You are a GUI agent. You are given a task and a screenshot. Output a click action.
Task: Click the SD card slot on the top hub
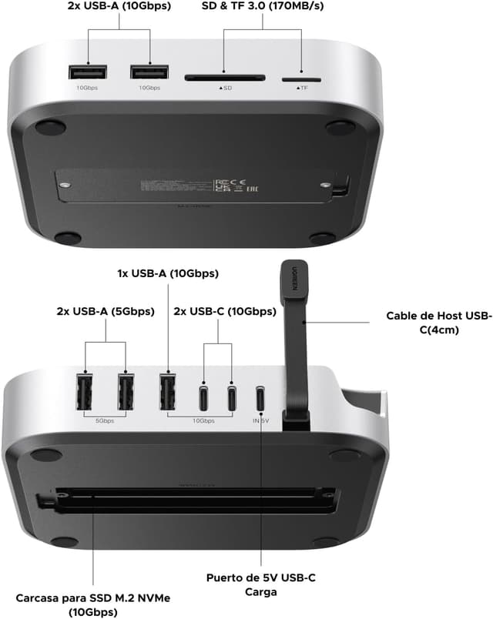pos(225,77)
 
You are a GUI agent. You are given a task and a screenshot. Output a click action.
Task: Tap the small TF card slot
pos(301,79)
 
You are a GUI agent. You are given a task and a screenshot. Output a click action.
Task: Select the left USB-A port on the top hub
pos(87,73)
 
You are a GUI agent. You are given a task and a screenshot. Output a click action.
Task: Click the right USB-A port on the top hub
pos(149,73)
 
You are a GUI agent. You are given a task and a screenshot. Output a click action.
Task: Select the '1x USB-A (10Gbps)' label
pos(167,273)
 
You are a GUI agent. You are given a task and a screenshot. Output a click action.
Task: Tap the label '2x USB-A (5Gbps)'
pos(106,312)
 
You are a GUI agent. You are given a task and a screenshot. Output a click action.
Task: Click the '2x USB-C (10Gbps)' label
pos(225,312)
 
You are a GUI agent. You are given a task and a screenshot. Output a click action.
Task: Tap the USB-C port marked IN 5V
pos(262,398)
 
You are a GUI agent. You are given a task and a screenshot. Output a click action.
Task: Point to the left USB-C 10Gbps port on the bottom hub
pos(204,397)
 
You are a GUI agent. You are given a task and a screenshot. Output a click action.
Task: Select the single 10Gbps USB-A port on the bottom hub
pos(166,392)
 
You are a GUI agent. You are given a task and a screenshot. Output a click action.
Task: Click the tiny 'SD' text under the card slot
pos(226,89)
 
